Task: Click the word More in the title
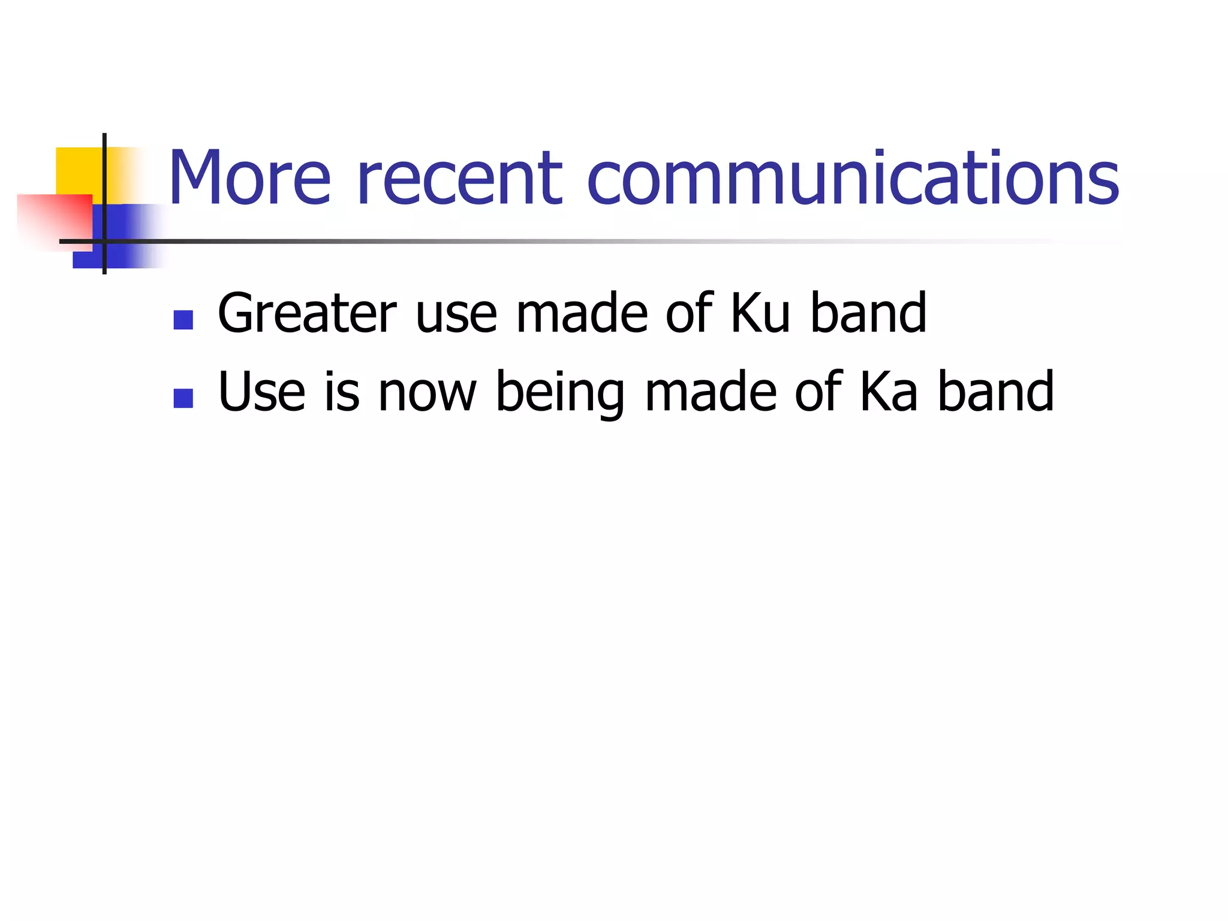pyautogui.click(x=249, y=178)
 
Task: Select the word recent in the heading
pyautogui.click(x=459, y=178)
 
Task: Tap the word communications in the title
pyautogui.click(x=853, y=178)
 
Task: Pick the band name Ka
pyautogui.click(x=888, y=392)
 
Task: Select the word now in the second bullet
pyautogui.click(x=427, y=393)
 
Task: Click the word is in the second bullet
pyautogui.click(x=342, y=392)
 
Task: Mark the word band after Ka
pyautogui.click(x=995, y=392)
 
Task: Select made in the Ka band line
pyautogui.click(x=711, y=392)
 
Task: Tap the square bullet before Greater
pyautogui.click(x=183, y=320)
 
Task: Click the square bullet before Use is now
pyautogui.click(x=183, y=399)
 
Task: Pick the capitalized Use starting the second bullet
pyautogui.click(x=261, y=392)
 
